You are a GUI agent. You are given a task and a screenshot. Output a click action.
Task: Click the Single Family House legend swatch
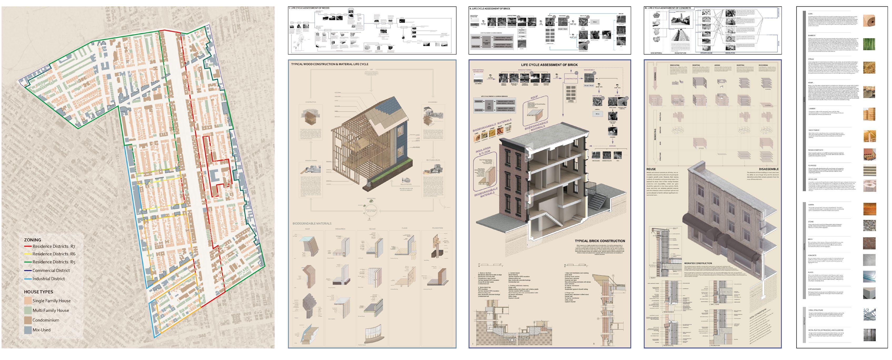tap(28, 301)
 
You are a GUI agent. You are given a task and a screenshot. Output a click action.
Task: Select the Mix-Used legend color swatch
tap(28, 330)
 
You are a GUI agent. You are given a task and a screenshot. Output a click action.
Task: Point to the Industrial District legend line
tap(28, 279)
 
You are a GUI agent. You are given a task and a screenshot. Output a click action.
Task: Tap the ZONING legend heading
tap(33, 240)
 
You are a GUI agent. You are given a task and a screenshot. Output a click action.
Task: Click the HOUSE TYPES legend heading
tap(38, 292)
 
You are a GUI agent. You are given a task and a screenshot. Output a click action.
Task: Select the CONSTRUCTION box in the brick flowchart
tap(571, 79)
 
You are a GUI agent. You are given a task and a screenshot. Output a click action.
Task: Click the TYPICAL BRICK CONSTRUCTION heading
tap(600, 241)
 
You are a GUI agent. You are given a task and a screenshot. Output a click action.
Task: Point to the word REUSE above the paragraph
tap(651, 169)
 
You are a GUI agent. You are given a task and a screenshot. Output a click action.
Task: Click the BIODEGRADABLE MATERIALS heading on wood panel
tap(312, 223)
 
